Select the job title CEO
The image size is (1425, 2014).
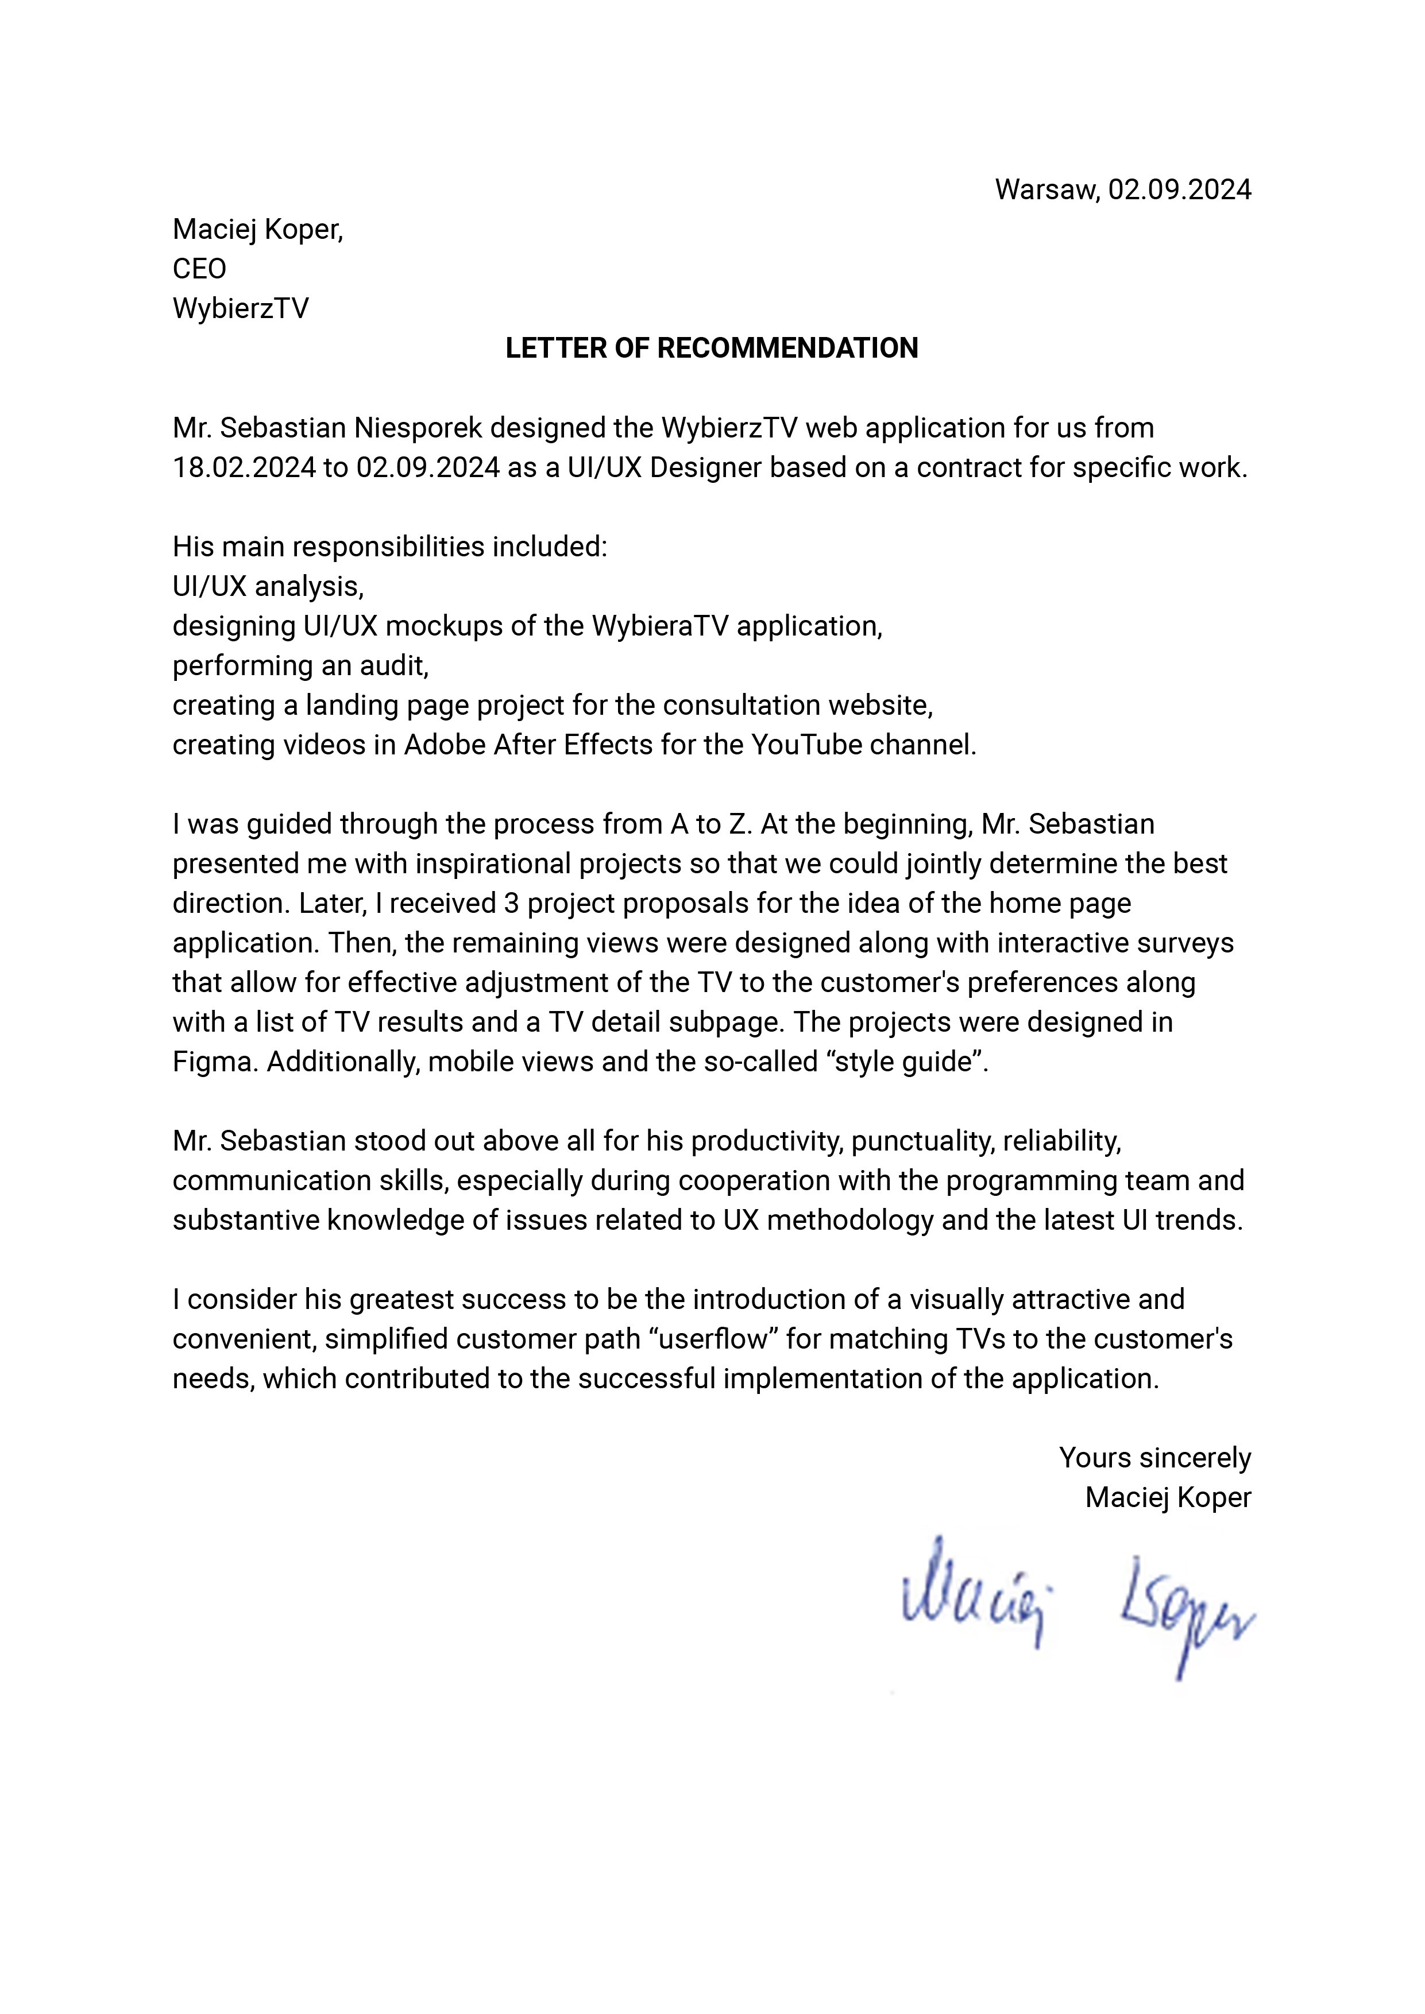[x=199, y=269]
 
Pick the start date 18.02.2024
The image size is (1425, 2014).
[x=244, y=467]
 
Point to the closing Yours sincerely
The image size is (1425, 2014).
[x=1154, y=1458]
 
